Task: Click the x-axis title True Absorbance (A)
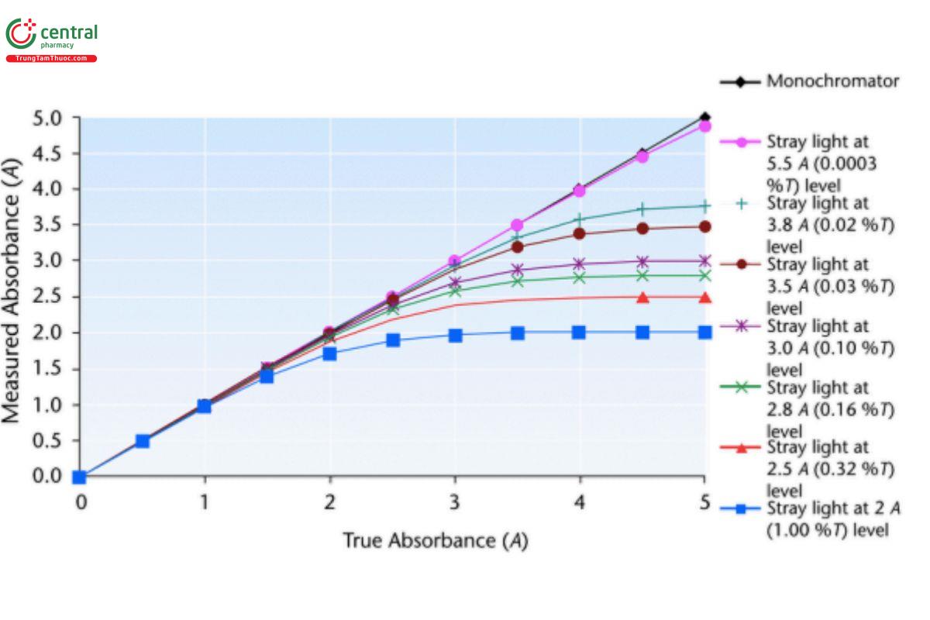click(x=435, y=540)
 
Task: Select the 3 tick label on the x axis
click(x=455, y=502)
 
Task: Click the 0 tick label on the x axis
click(x=80, y=502)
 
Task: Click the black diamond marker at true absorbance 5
click(x=704, y=118)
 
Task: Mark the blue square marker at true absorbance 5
click(x=704, y=332)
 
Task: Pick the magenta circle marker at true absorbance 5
click(x=704, y=126)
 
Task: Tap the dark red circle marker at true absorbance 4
click(x=580, y=233)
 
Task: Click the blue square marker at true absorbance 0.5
click(x=143, y=441)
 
